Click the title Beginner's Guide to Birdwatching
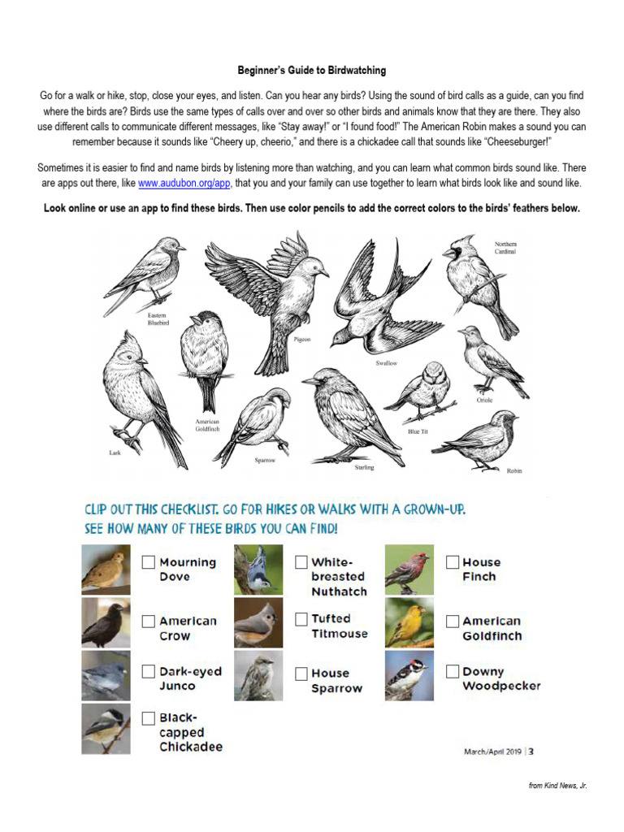coord(312,71)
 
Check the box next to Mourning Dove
coord(149,562)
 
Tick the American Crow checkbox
coord(149,622)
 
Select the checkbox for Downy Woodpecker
coord(453,672)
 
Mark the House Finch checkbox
coord(453,562)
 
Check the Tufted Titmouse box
coord(301,620)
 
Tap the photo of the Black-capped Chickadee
coord(106,729)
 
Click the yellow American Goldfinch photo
coord(410,623)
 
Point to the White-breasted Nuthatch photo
coord(258,570)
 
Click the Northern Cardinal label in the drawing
coord(505,248)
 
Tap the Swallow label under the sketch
coord(386,363)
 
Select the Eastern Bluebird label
coord(158,318)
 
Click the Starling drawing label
coord(364,467)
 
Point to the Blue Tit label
coord(418,431)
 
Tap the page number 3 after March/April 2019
coord(531,752)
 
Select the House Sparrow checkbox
coord(301,674)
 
